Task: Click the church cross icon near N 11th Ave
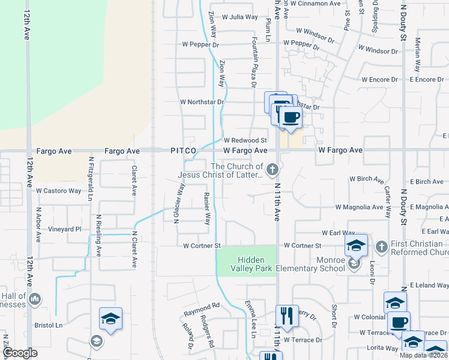click(273, 170)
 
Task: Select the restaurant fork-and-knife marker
click(286, 316)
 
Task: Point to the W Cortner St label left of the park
click(202, 246)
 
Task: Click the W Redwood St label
click(245, 140)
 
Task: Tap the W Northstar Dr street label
click(202, 102)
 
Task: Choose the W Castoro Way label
click(58, 191)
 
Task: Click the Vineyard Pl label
click(65, 229)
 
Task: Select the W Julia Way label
click(240, 17)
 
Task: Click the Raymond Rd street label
click(202, 306)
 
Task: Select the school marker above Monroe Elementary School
click(356, 245)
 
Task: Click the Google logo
click(20, 353)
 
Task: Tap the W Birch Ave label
click(366, 179)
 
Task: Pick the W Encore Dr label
click(381, 79)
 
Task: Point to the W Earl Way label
click(338, 232)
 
